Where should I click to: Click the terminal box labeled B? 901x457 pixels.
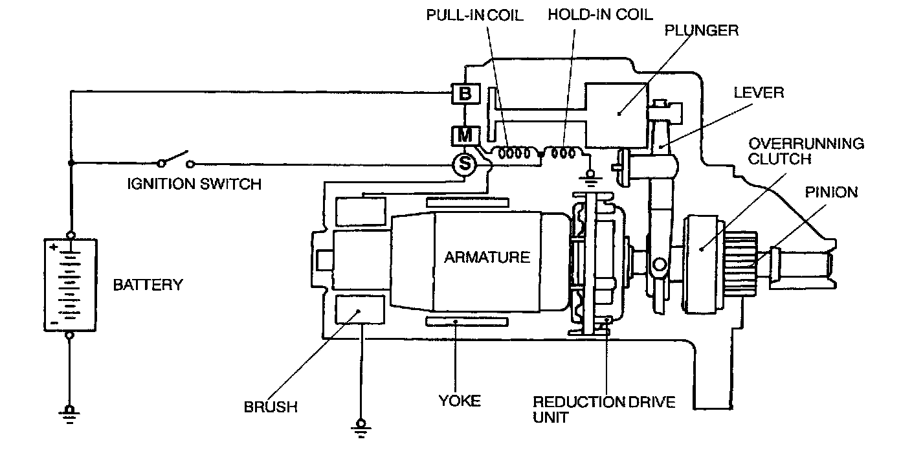point(465,94)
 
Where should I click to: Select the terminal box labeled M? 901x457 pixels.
point(465,135)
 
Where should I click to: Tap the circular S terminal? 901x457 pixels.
point(464,164)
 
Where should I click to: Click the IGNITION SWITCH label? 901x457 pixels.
point(194,184)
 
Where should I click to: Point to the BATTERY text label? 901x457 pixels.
point(148,284)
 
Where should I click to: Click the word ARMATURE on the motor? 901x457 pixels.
point(487,257)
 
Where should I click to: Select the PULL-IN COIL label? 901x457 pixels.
point(474,14)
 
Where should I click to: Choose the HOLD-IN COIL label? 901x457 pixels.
point(600,14)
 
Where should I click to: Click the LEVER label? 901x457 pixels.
point(758,93)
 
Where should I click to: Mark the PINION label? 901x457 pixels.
point(832,192)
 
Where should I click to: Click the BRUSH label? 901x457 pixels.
point(271,407)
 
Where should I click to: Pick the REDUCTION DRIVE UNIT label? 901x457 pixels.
point(603,410)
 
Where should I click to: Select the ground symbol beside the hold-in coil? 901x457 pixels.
point(590,177)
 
